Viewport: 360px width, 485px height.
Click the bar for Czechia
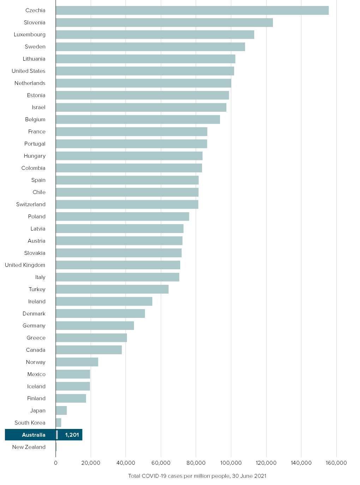[x=192, y=11]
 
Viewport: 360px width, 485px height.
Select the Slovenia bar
[x=164, y=23]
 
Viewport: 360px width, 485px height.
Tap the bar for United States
[x=145, y=71]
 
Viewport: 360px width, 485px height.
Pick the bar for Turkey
[x=112, y=289]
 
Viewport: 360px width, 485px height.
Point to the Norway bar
[x=77, y=362]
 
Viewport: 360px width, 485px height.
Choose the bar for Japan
[x=61, y=411]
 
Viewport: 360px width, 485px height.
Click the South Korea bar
[x=59, y=423]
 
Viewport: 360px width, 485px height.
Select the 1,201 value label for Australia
[x=72, y=435]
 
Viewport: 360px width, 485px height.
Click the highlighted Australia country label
[x=33, y=435]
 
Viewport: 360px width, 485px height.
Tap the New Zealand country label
[x=29, y=447]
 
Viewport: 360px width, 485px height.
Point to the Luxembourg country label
[x=30, y=35]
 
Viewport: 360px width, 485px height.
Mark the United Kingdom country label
[x=25, y=265]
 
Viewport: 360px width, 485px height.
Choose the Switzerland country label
[x=31, y=204]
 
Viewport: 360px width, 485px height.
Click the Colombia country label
[x=33, y=168]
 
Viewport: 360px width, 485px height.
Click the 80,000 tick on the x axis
[x=196, y=463]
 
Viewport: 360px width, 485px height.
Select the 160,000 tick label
[x=336, y=463]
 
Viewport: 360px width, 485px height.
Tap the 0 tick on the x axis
[x=56, y=463]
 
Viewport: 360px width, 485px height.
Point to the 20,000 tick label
[x=91, y=463]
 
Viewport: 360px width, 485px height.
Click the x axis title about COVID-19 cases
[x=197, y=476]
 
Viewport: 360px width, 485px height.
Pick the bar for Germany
[x=95, y=326]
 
